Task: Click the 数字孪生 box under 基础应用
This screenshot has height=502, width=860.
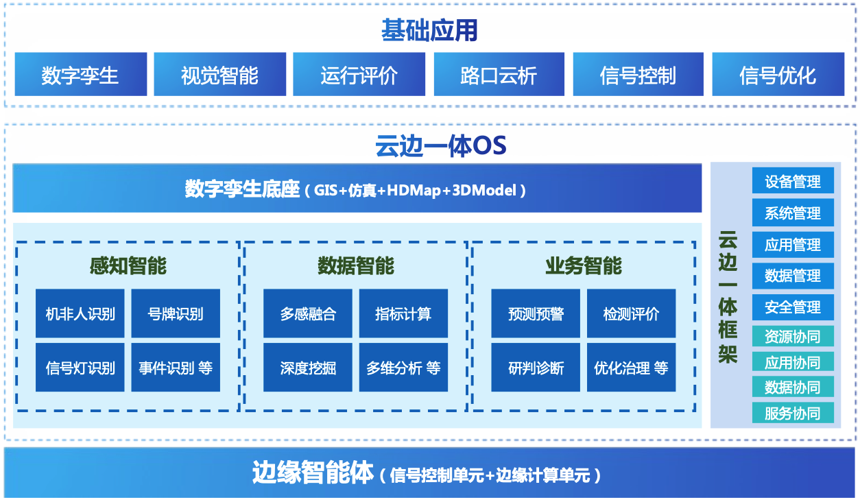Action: pos(81,74)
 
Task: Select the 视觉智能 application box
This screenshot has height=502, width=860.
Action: pos(220,74)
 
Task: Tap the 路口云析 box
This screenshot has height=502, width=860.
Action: pos(499,74)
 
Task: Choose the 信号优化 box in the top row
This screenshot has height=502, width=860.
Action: pos(778,74)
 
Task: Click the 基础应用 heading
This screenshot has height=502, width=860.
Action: pos(429,30)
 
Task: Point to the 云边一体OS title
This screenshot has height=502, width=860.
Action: pos(441,146)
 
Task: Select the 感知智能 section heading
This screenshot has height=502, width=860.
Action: pos(128,265)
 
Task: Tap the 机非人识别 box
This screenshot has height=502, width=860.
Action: pos(80,313)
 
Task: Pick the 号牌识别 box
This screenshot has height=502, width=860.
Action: pos(176,313)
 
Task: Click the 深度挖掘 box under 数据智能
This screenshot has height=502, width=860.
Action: pos(308,368)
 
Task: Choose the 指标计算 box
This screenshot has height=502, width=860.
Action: pos(403,313)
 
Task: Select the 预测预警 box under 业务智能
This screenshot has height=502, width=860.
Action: pos(536,313)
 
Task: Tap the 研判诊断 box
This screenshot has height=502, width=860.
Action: pos(536,368)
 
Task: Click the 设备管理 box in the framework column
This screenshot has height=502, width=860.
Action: pos(793,180)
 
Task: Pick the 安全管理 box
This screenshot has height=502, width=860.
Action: pos(793,307)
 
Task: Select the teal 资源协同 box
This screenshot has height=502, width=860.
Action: pos(793,336)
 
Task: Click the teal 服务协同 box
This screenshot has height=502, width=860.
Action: pos(793,413)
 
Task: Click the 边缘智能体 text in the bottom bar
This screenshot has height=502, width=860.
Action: pos(313,473)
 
